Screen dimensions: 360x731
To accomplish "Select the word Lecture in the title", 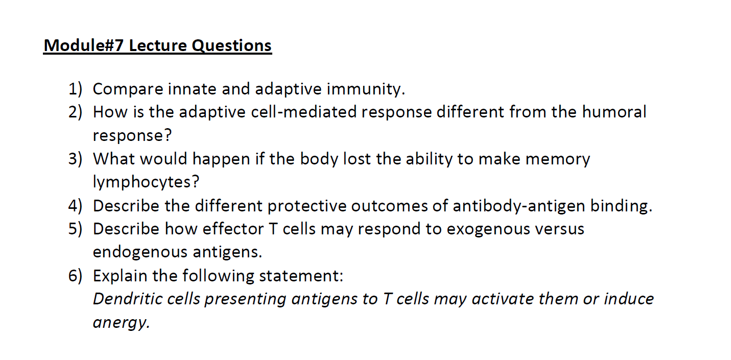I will [158, 46].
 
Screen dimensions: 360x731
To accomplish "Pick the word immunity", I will [366, 89].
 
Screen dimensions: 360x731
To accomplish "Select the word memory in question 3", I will [558, 159].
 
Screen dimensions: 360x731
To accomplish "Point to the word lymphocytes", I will [146, 182].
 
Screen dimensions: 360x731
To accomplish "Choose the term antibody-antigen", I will [519, 206].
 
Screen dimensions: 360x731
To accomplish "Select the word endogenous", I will [140, 252].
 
